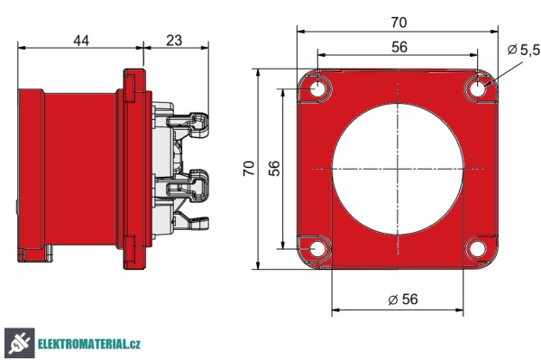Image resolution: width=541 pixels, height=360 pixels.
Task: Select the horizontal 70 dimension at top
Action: coord(397,18)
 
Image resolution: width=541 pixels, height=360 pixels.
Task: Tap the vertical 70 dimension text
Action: coord(250,168)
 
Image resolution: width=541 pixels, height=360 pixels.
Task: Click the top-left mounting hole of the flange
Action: coord(318,89)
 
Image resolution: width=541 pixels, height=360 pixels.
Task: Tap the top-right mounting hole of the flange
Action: coord(477,89)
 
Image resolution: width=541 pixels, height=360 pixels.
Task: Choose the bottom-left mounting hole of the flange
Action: coord(318,248)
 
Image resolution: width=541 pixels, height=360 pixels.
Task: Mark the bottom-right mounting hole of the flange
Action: coord(477,248)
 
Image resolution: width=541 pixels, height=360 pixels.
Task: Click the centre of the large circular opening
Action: coord(398,169)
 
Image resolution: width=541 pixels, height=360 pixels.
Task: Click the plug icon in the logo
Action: coord(18,343)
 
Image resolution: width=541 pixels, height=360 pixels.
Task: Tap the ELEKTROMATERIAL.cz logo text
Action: coord(90,344)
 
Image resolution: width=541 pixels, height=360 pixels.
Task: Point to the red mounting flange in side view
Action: coord(133,167)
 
